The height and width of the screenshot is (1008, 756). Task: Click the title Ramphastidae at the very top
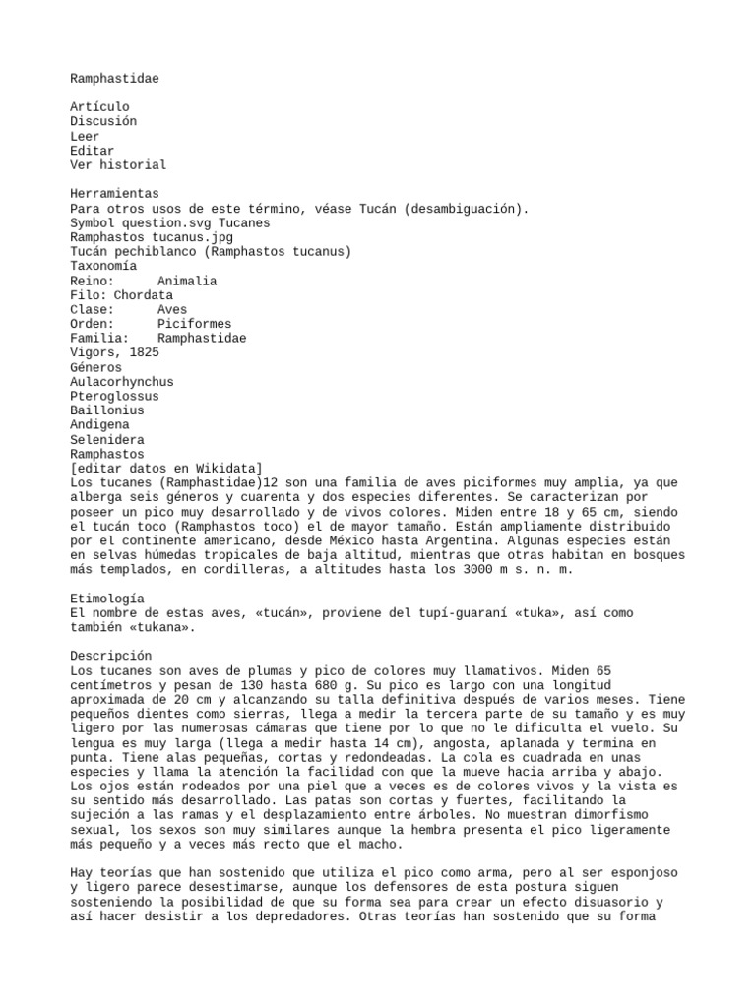(114, 78)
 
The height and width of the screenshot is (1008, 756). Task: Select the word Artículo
(99, 106)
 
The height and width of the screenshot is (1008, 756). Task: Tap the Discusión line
(103, 121)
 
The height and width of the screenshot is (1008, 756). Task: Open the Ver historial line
(118, 164)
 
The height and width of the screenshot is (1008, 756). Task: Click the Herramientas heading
(114, 194)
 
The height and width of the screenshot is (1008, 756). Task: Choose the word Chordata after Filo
(143, 294)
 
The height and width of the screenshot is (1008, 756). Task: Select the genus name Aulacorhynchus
(121, 381)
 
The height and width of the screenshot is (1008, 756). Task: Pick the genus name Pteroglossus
(114, 396)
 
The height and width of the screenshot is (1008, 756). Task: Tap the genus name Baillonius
(106, 410)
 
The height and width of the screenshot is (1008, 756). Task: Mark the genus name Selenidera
(106, 439)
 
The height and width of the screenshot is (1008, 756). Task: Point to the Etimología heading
(106, 598)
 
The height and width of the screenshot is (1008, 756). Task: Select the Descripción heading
(110, 656)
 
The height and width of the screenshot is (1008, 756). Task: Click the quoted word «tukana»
(161, 627)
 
